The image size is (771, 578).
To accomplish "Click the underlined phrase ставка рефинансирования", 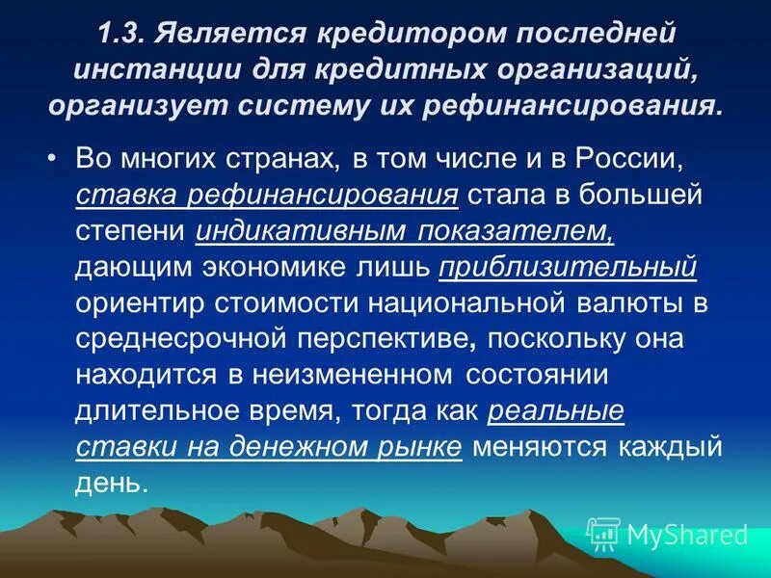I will click(265, 197).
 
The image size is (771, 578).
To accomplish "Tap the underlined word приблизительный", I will click(567, 268).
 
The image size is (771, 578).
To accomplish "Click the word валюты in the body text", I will click(625, 304).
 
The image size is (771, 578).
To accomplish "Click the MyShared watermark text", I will click(687, 534).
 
